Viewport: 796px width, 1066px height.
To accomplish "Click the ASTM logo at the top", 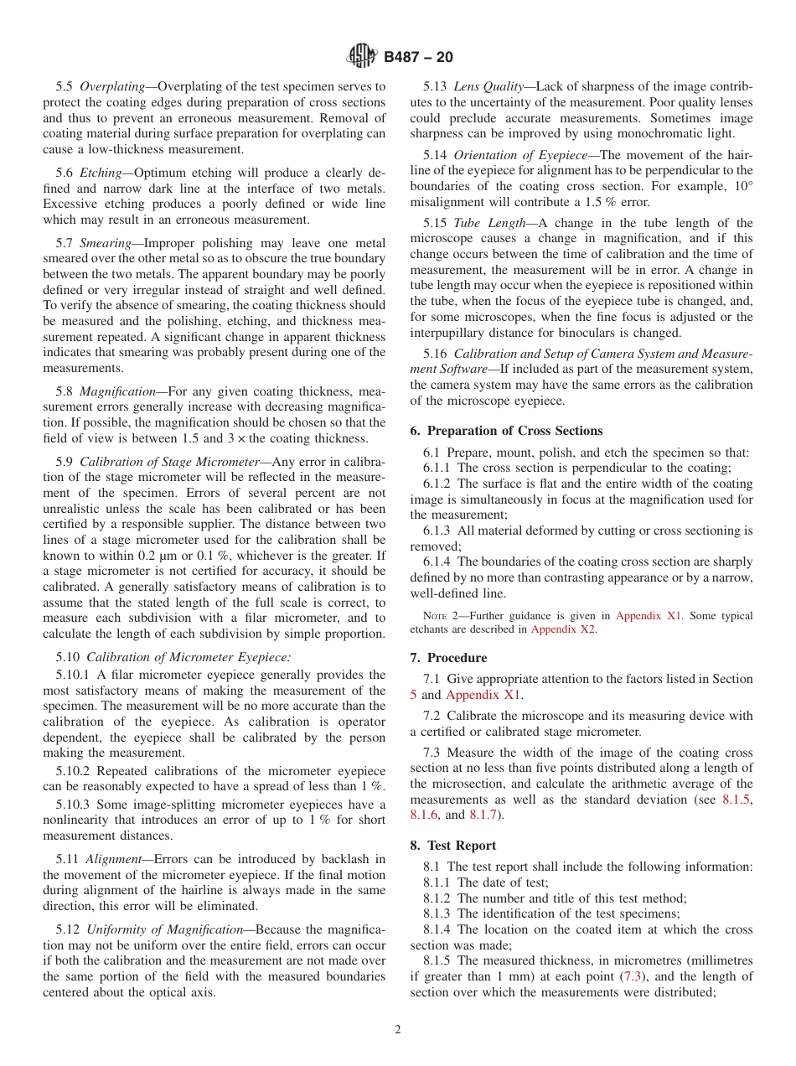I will [x=362, y=56].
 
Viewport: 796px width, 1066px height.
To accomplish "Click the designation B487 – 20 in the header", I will [x=418, y=57].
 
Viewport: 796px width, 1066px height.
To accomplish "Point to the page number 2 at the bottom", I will [x=398, y=1030].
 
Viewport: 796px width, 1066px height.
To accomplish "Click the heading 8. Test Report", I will [x=461, y=846].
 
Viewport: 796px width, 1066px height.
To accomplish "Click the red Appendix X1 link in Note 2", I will [x=649, y=616].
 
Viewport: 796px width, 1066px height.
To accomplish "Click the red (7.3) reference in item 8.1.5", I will [x=631, y=976].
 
